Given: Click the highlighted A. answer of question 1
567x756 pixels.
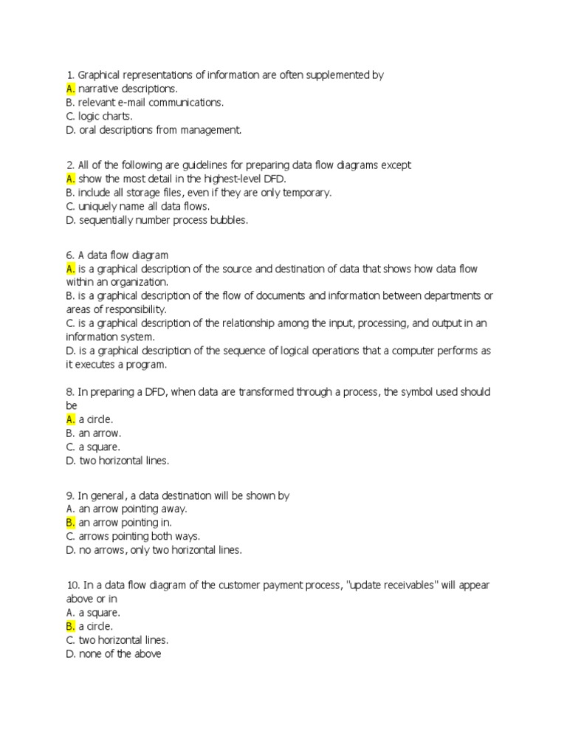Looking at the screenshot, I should point(71,89).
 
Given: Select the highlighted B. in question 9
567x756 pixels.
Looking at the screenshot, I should point(71,523).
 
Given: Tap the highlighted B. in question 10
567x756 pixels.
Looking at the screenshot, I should point(71,626).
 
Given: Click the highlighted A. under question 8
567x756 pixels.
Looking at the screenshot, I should point(71,419).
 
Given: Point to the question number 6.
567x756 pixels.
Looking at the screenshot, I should point(70,255).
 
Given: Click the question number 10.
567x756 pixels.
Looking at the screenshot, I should point(72,585).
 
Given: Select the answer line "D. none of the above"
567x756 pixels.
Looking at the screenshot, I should point(114,653).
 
